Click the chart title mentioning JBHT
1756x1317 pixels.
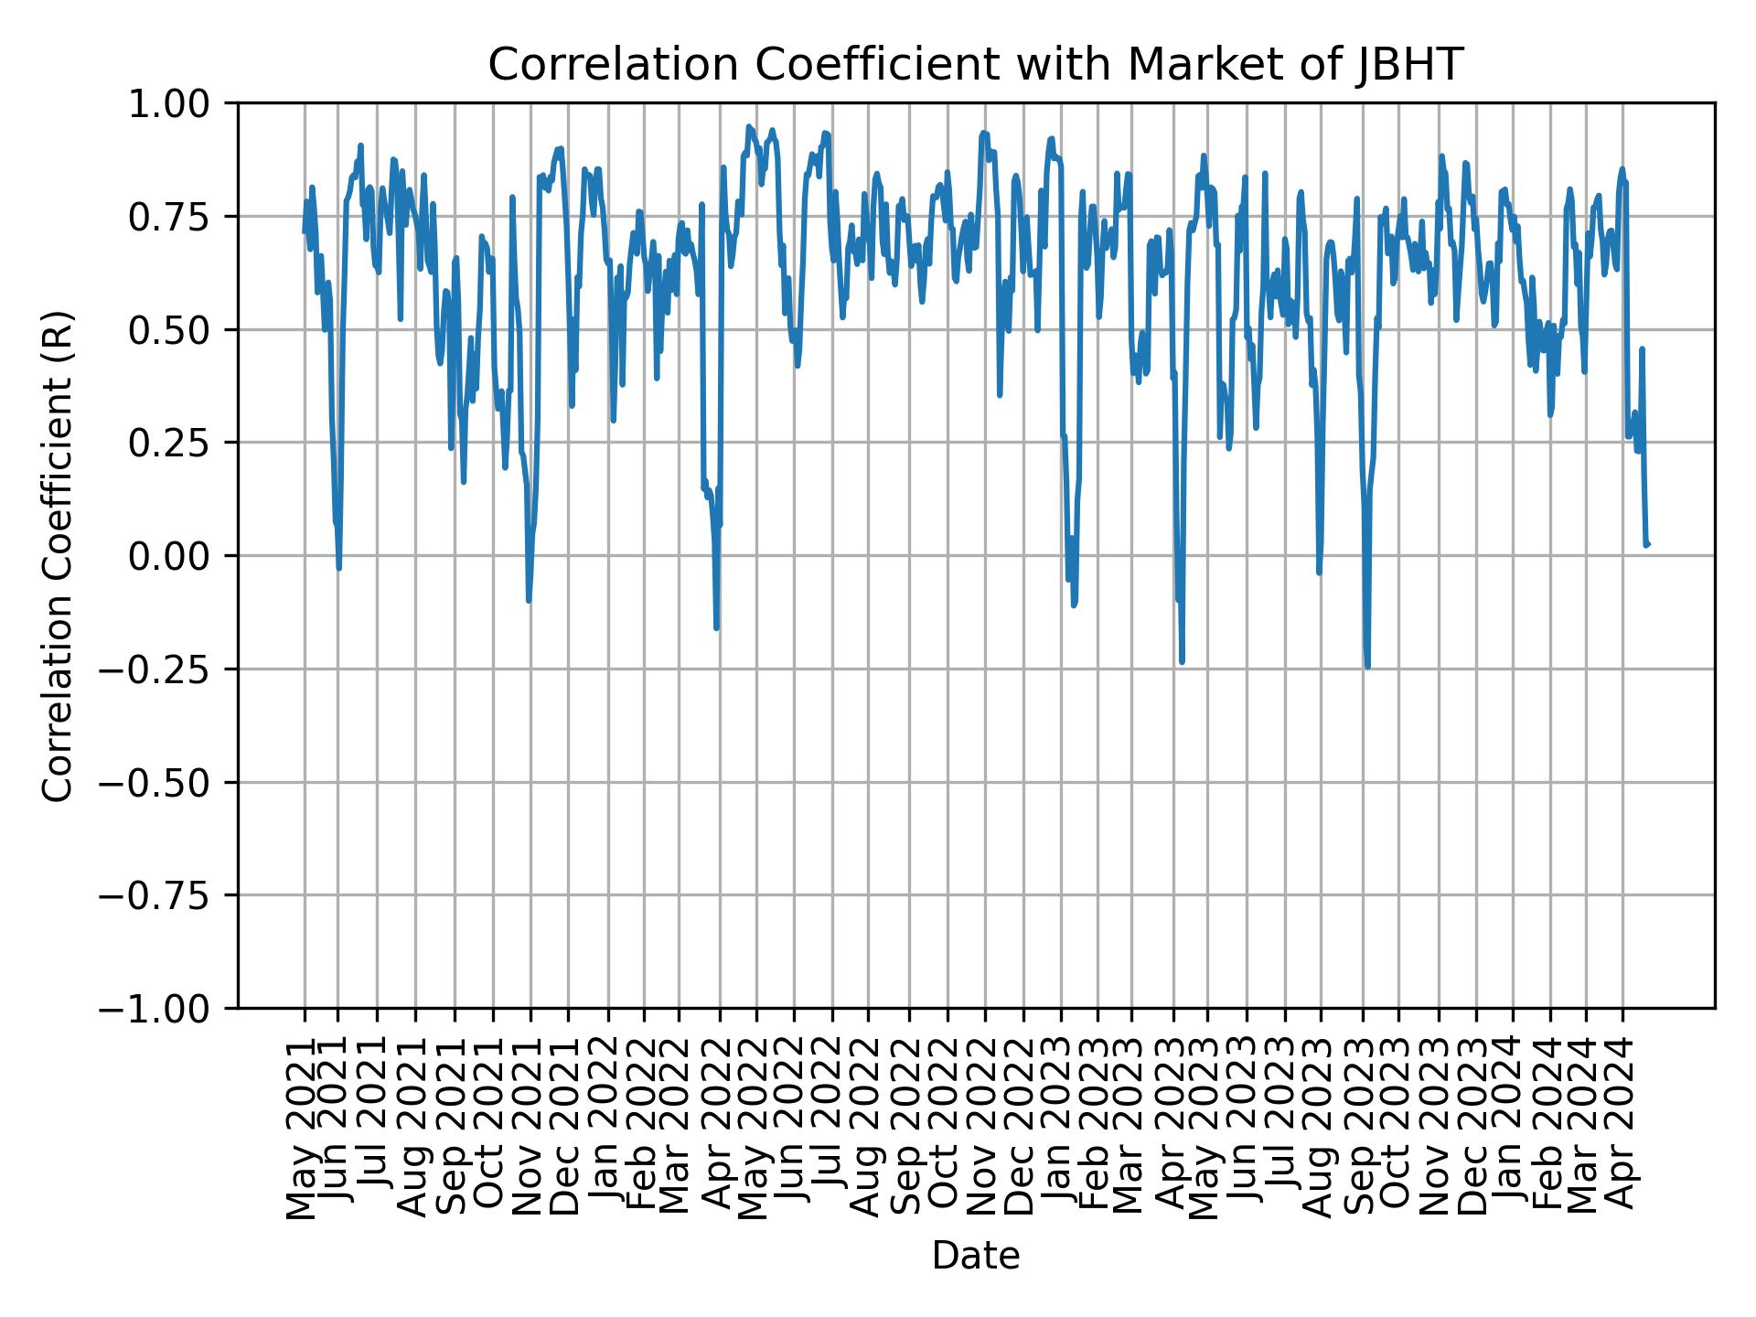click(x=976, y=65)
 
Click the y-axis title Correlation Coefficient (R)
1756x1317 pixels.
click(x=58, y=555)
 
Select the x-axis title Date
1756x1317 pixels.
click(x=976, y=1256)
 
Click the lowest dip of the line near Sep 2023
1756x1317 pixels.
click(x=1367, y=667)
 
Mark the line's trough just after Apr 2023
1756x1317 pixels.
click(x=1182, y=661)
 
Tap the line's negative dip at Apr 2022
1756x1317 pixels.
click(x=717, y=628)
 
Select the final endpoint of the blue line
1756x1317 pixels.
click(x=1647, y=544)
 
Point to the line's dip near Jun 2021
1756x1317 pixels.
click(x=339, y=568)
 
